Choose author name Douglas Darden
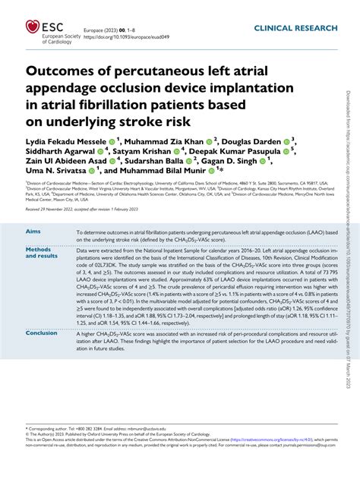point(250,142)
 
